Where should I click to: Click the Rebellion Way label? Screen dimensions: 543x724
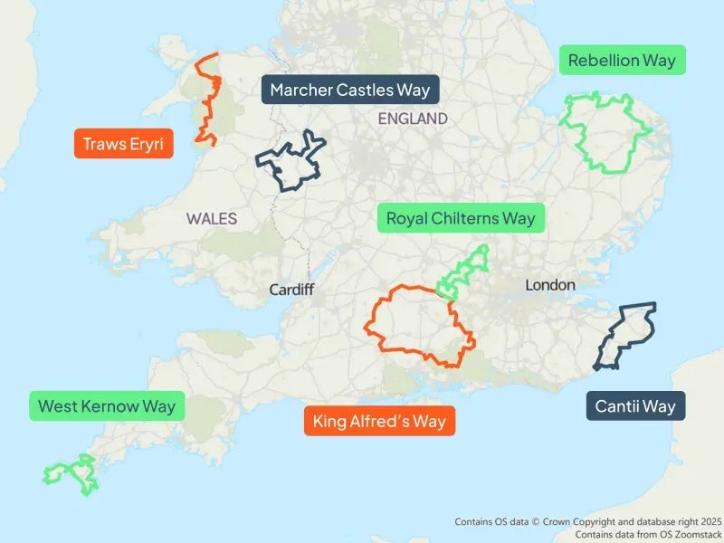(621, 62)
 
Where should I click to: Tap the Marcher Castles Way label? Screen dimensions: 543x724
(349, 90)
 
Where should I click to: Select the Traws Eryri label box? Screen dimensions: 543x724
(123, 144)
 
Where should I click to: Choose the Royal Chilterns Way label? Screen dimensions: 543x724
(461, 218)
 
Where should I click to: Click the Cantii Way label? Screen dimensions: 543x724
(635, 405)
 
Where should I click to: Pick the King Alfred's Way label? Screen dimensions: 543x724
(379, 421)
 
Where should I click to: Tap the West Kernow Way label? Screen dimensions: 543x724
(107, 405)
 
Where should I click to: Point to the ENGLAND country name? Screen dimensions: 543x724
(413, 119)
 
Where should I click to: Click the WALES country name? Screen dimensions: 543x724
(212, 218)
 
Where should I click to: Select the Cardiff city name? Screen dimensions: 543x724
(291, 290)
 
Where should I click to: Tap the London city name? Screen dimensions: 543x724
(550, 285)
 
